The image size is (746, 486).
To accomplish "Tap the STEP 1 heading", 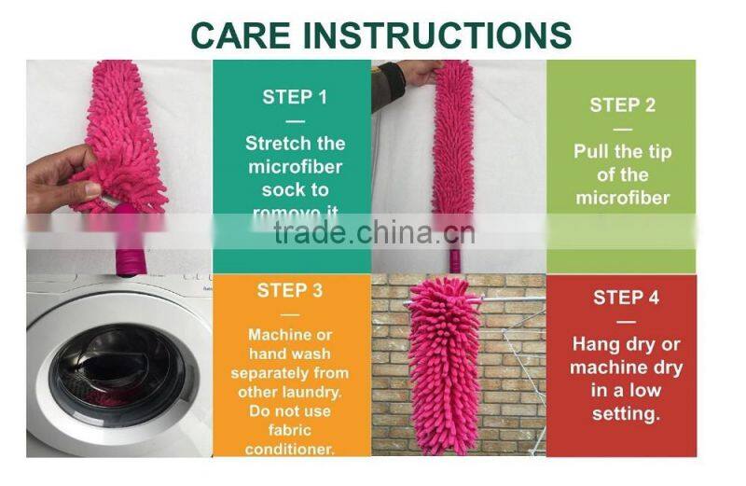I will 295,96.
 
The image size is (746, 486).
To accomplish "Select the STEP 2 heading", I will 622,104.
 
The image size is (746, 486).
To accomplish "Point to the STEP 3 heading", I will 290,290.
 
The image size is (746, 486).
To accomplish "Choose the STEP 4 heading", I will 626,298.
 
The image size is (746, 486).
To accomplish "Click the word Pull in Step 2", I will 595,151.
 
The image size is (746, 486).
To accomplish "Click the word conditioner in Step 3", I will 290,450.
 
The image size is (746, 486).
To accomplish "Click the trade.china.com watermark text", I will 373,231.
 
